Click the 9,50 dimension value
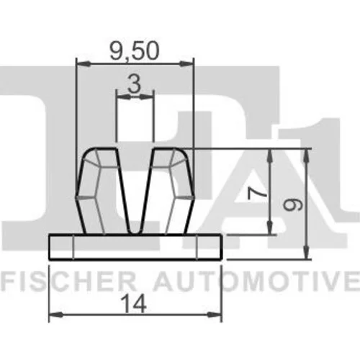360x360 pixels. pyautogui.click(x=135, y=51)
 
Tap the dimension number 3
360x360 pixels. pyautogui.click(x=134, y=84)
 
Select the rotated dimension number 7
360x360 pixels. pyautogui.click(x=257, y=194)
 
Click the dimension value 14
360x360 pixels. pyautogui.click(x=134, y=304)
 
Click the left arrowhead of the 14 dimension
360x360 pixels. pyautogui.click(x=55, y=315)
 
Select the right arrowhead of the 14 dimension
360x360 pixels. pyautogui.click(x=215, y=315)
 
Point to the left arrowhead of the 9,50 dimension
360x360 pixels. pyautogui.click(x=84, y=64)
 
